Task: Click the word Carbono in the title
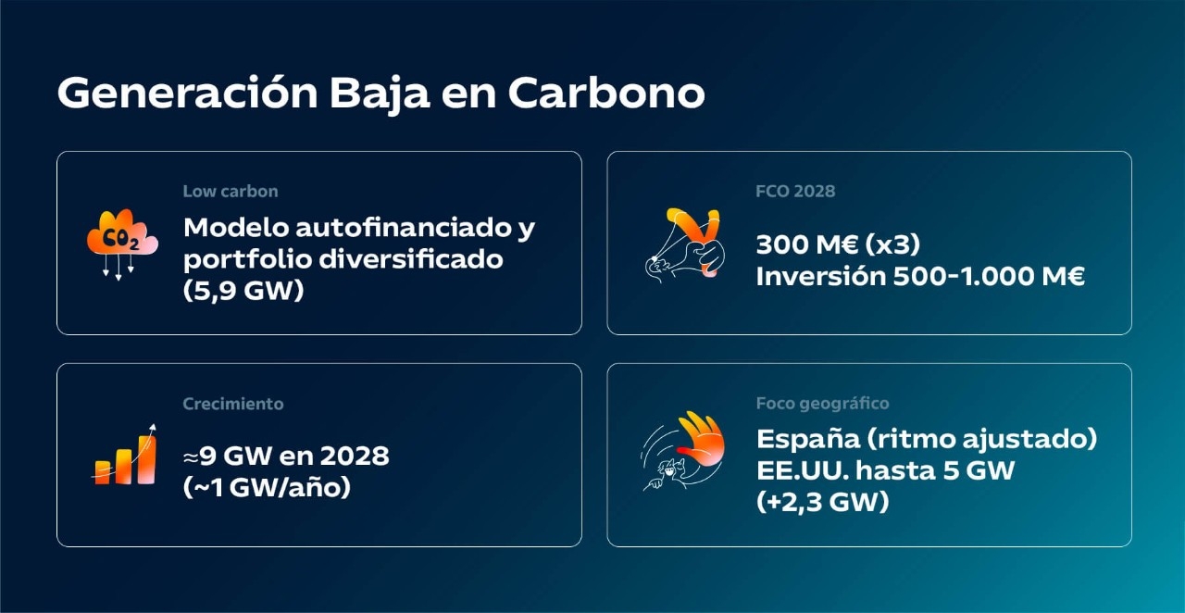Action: [606, 94]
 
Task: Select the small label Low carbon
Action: [231, 192]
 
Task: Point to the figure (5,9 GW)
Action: [243, 290]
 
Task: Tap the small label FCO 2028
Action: [795, 192]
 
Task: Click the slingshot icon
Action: [684, 243]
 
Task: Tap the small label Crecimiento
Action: [233, 404]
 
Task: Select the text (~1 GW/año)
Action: [268, 487]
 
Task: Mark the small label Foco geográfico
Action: [823, 404]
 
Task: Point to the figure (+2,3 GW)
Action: [822, 501]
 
